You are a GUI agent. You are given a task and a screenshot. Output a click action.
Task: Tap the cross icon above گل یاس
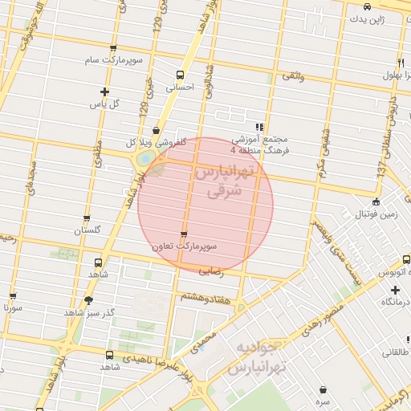click(x=104, y=92)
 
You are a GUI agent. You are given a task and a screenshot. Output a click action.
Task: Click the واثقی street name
click(x=291, y=75)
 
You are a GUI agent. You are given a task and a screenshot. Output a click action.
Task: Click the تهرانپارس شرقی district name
click(x=225, y=182)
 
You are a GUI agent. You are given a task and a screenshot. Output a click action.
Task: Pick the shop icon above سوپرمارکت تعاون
click(x=184, y=234)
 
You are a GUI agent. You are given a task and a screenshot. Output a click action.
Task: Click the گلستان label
click(x=88, y=230)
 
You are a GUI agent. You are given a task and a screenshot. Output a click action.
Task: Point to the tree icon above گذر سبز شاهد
click(x=87, y=299)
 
